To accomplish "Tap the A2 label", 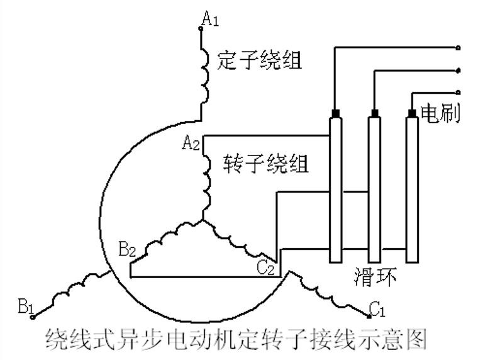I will click(191, 143).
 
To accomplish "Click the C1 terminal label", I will click(377, 309).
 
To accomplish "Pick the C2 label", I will click(265, 267).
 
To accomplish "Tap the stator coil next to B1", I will click(69, 292).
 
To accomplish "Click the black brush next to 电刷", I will click(412, 113).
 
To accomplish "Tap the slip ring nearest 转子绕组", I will click(335, 189).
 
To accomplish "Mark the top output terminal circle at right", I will click(459, 48).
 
